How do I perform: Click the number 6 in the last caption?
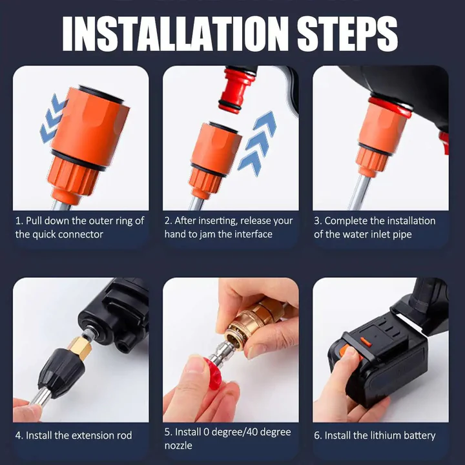pyautogui.click(x=317, y=435)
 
